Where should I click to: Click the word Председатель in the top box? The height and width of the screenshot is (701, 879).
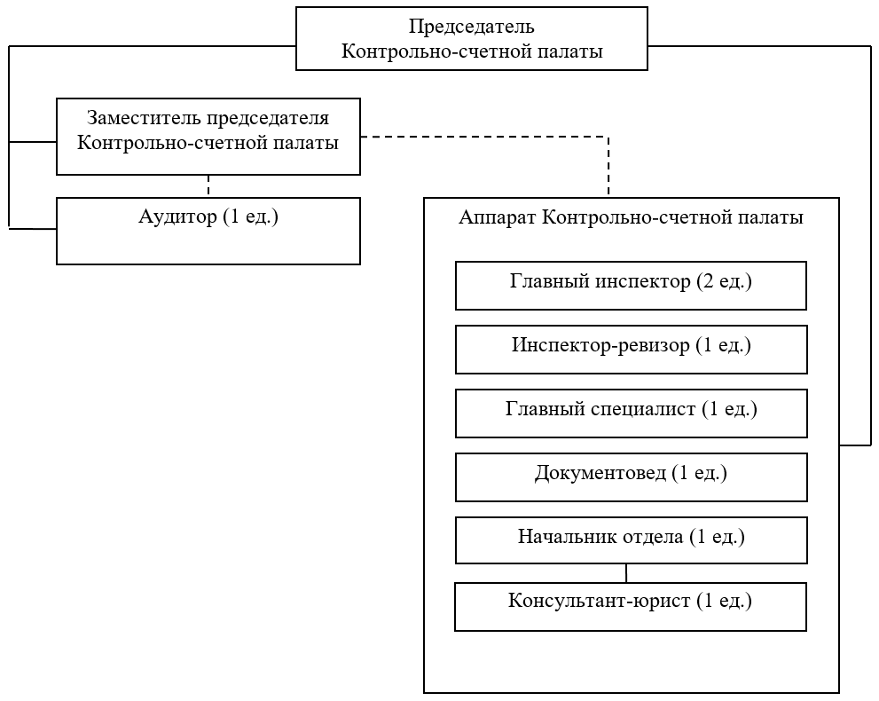(x=472, y=27)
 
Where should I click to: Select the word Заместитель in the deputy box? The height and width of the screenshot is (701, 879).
(x=143, y=118)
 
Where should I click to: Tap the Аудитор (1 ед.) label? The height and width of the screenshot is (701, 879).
(x=208, y=217)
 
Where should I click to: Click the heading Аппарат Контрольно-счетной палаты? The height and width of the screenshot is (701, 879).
(x=632, y=217)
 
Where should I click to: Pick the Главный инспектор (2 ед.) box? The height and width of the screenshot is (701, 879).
(x=632, y=286)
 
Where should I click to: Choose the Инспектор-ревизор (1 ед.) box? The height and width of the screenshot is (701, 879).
(x=632, y=350)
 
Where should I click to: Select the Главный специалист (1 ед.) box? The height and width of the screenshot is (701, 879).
(x=632, y=414)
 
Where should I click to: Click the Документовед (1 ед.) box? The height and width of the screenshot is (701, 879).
(x=632, y=477)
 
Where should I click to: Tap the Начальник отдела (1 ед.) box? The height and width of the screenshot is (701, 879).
(x=632, y=540)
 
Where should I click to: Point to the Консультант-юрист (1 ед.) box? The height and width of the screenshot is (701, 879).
(x=631, y=607)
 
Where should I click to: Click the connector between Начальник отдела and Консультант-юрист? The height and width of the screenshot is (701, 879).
(x=626, y=573)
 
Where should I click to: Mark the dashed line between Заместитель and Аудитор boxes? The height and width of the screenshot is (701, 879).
(x=208, y=186)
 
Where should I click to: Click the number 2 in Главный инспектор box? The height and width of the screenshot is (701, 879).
(x=708, y=281)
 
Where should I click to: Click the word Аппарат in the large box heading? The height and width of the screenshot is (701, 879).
(x=497, y=217)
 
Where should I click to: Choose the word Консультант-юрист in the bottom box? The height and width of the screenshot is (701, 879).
(x=600, y=602)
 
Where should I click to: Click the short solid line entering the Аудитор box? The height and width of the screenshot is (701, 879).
(x=33, y=229)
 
